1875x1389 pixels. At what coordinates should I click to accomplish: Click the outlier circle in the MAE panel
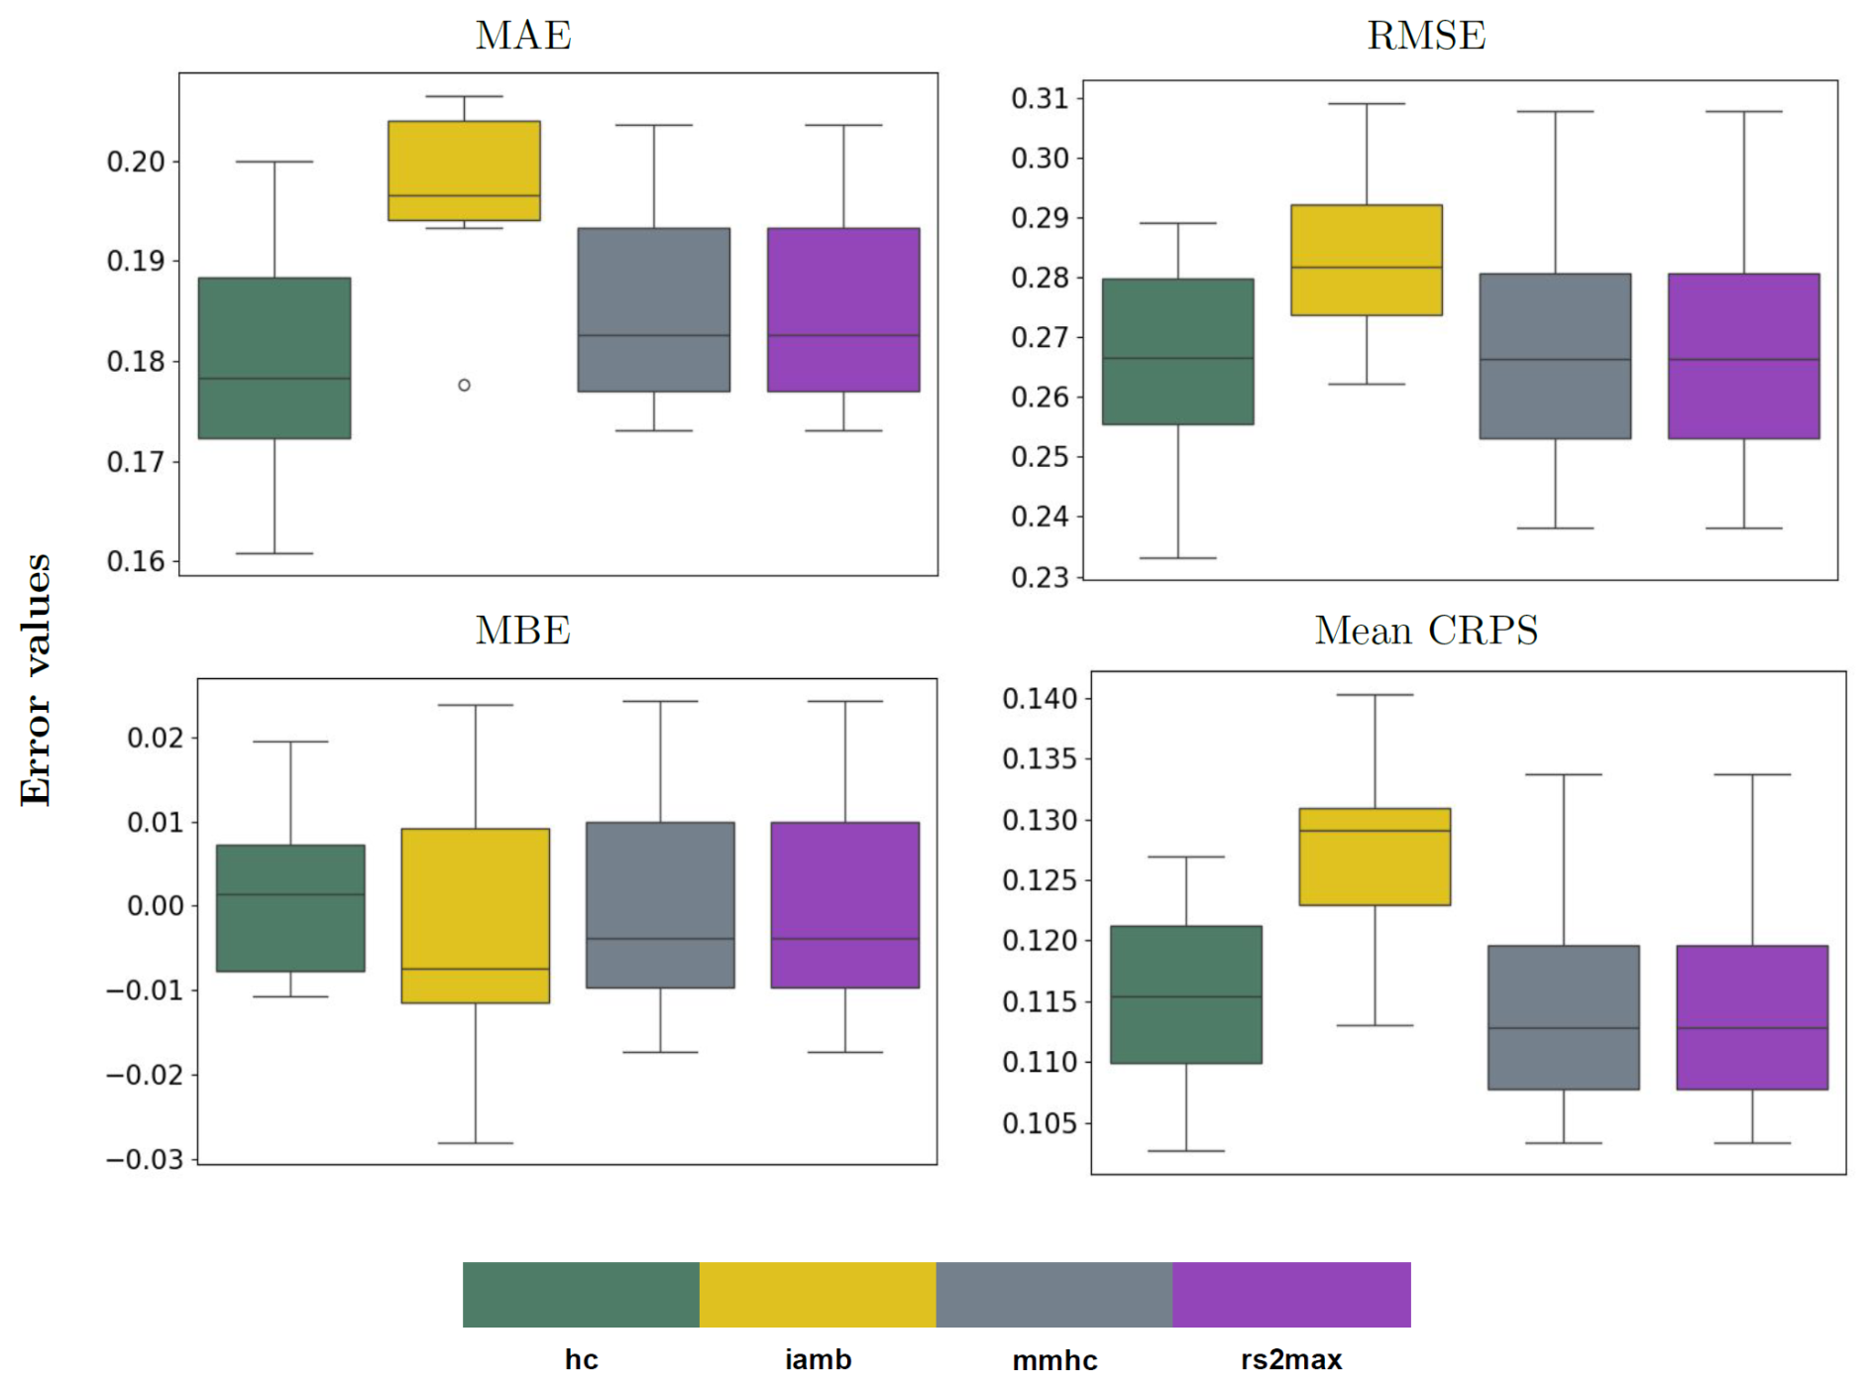pyautogui.click(x=464, y=385)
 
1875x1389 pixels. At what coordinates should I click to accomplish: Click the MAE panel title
pyautogui.click(x=523, y=36)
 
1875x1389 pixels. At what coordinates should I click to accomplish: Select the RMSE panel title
pyautogui.click(x=1426, y=36)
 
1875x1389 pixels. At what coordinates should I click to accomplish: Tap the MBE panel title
pyautogui.click(x=522, y=631)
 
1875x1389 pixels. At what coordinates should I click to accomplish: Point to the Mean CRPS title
pyautogui.click(x=1426, y=631)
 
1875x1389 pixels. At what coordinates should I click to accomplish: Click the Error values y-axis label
pyautogui.click(x=36, y=679)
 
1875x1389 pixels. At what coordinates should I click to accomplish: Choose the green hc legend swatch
pyautogui.click(x=581, y=1294)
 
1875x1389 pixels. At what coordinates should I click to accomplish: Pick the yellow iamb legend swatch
pyautogui.click(x=818, y=1294)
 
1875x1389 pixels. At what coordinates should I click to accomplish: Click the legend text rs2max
pyautogui.click(x=1290, y=1359)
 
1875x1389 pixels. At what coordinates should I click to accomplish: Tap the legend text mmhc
pyautogui.click(x=1054, y=1360)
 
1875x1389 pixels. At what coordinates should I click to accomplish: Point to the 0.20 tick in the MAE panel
pyautogui.click(x=137, y=162)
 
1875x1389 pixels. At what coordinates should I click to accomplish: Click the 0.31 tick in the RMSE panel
pyautogui.click(x=1040, y=98)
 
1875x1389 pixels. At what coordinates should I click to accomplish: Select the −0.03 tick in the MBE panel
pyautogui.click(x=145, y=1159)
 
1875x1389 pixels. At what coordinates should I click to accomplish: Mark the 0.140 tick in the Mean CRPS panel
pyautogui.click(x=1039, y=699)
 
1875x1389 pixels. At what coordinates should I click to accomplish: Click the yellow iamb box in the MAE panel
pyautogui.click(x=464, y=171)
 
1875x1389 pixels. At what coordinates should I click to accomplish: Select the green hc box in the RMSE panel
pyautogui.click(x=1177, y=352)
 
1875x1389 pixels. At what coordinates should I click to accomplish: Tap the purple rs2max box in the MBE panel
pyautogui.click(x=844, y=904)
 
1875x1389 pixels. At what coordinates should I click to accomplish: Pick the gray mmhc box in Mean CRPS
pyautogui.click(x=1563, y=1017)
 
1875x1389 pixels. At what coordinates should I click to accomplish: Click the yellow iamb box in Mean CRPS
pyautogui.click(x=1375, y=857)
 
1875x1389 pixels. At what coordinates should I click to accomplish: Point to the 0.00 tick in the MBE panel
pyautogui.click(x=155, y=905)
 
